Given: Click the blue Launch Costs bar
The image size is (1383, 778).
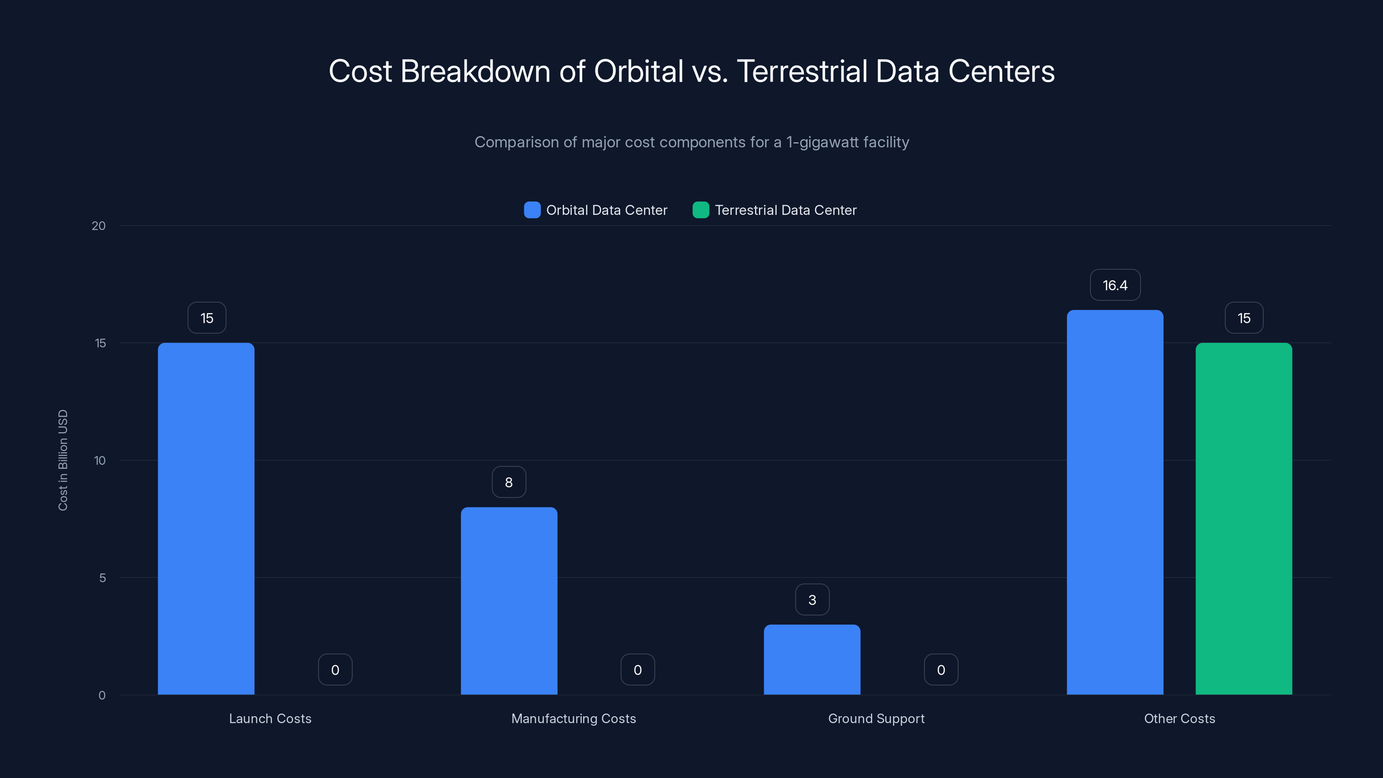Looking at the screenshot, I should pos(206,518).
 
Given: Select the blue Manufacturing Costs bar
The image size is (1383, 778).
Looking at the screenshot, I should pos(509,600).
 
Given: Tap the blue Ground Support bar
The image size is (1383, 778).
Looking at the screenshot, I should pos(812,659).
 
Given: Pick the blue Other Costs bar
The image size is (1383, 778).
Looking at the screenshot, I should pos(1115,502).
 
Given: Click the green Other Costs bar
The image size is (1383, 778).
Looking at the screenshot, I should pos(1243,518).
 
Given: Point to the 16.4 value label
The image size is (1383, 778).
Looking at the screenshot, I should pos(1115,285).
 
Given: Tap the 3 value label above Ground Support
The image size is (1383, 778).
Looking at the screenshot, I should pos(812,600).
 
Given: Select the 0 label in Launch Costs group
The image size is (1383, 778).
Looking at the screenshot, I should pos(335,670).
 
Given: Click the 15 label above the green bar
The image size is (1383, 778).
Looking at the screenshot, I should pos(1243,318).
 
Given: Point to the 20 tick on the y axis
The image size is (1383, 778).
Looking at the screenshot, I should pos(99,226).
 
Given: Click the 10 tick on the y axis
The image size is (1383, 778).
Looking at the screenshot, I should pos(100,460).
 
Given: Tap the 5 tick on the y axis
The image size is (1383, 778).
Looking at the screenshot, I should pos(102,578).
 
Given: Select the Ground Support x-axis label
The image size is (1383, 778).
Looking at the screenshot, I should pos(876,718).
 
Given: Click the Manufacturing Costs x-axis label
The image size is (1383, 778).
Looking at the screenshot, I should pos(574,718).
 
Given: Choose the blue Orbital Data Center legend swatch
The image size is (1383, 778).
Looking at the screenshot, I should pos(532,210).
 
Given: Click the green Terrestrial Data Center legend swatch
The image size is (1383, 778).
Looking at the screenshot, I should pos(701,210).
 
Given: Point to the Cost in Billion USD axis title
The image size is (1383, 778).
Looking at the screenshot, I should pos(63,460).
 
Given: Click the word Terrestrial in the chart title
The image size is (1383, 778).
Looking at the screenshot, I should pos(802,71).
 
